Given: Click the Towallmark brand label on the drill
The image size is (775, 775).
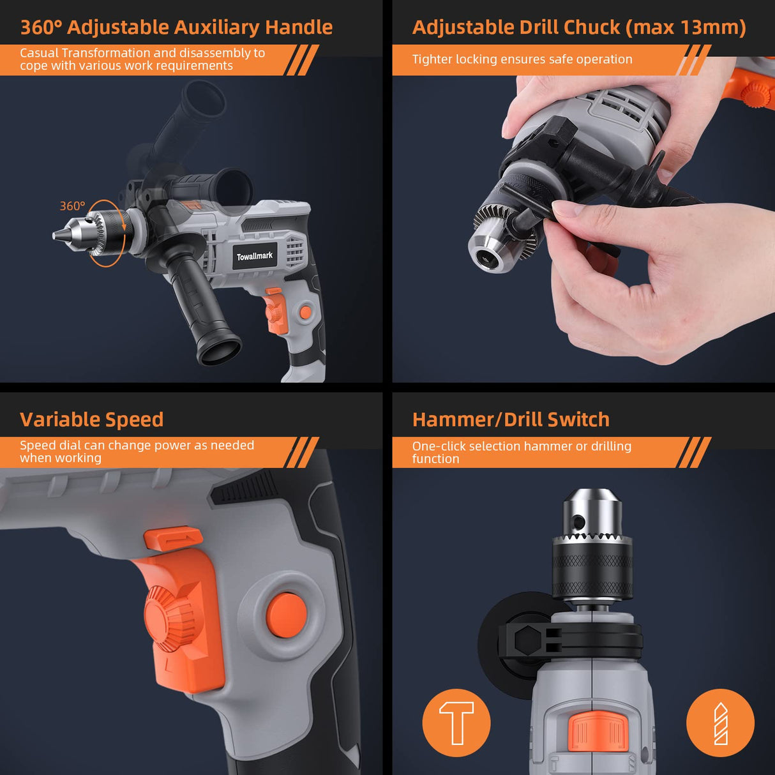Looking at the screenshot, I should (255, 256).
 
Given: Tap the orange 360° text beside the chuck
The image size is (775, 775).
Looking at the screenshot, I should (72, 206).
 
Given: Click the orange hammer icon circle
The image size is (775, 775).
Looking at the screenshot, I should (456, 723).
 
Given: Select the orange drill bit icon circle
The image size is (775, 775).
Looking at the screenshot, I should (720, 723).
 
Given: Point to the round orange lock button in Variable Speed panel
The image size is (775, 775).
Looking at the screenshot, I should (286, 615).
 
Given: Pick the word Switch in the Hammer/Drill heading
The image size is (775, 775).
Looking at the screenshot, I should (578, 419).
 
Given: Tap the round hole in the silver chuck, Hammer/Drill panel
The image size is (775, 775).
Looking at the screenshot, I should (578, 522).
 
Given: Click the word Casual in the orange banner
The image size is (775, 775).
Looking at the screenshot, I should (39, 53).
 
